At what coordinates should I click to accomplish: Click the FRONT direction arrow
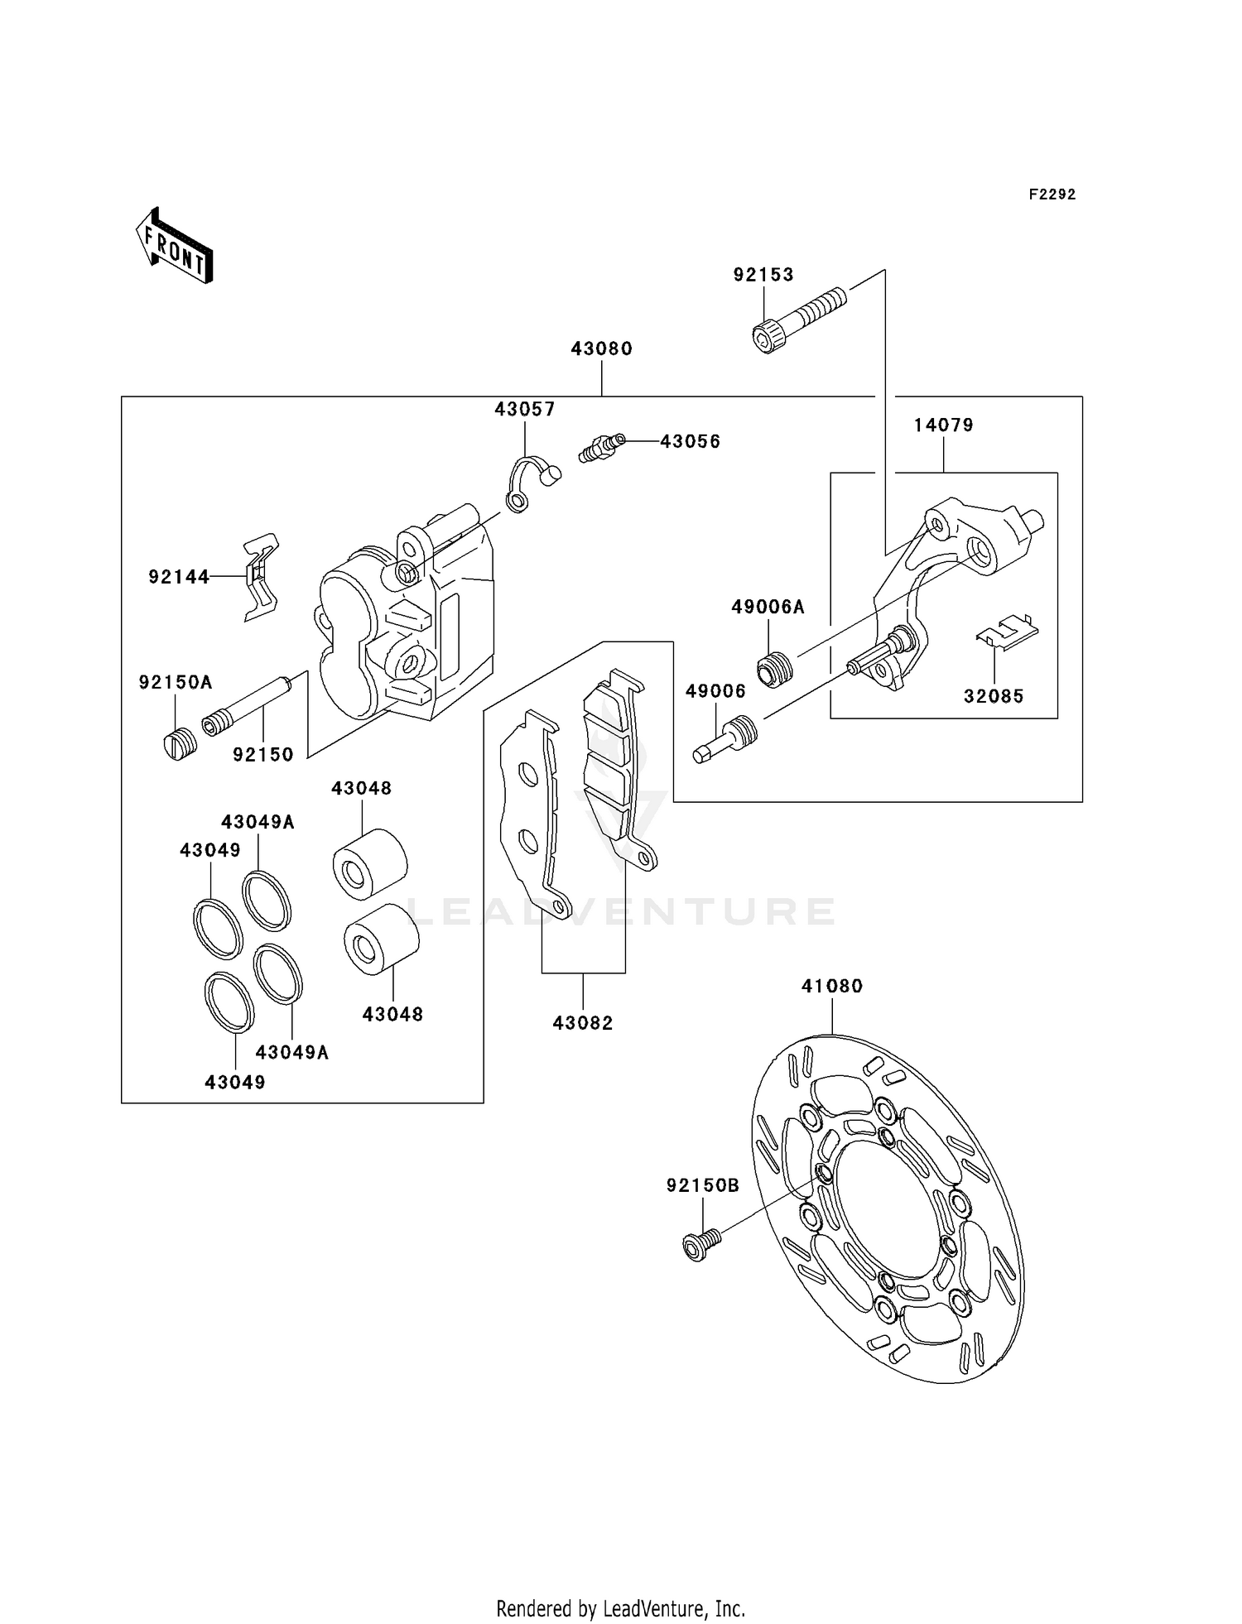click(175, 247)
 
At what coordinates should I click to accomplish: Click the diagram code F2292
click(1052, 195)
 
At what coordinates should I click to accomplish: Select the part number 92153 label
click(763, 275)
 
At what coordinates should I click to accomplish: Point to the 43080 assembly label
click(601, 349)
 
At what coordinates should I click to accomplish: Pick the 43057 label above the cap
click(525, 410)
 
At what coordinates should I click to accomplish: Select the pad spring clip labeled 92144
click(260, 577)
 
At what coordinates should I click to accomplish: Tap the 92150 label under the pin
click(263, 755)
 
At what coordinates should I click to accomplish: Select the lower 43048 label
click(392, 1015)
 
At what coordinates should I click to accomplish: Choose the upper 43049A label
click(258, 822)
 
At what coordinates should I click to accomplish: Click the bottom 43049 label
click(235, 1083)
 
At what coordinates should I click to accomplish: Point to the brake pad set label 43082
click(583, 1024)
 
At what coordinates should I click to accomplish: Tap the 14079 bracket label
click(943, 425)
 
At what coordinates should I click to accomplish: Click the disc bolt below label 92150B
click(700, 1245)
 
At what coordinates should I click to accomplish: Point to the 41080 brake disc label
click(831, 987)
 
